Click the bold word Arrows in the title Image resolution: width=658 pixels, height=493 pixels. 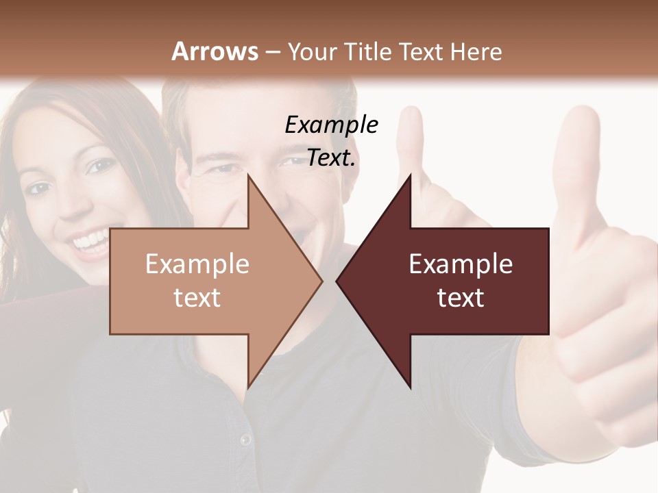[x=215, y=51]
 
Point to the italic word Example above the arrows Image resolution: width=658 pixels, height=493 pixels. [x=332, y=125]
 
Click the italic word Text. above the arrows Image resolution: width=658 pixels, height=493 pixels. [x=332, y=158]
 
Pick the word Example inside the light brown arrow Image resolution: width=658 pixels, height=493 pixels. [x=197, y=264]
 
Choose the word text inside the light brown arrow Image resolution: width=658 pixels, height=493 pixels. [x=197, y=297]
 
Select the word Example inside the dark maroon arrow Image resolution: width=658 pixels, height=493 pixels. [x=461, y=264]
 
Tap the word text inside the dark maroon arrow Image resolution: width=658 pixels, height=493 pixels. [x=461, y=297]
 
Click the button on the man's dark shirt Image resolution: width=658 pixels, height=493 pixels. [x=245, y=439]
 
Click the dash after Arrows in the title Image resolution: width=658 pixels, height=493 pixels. [x=271, y=51]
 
